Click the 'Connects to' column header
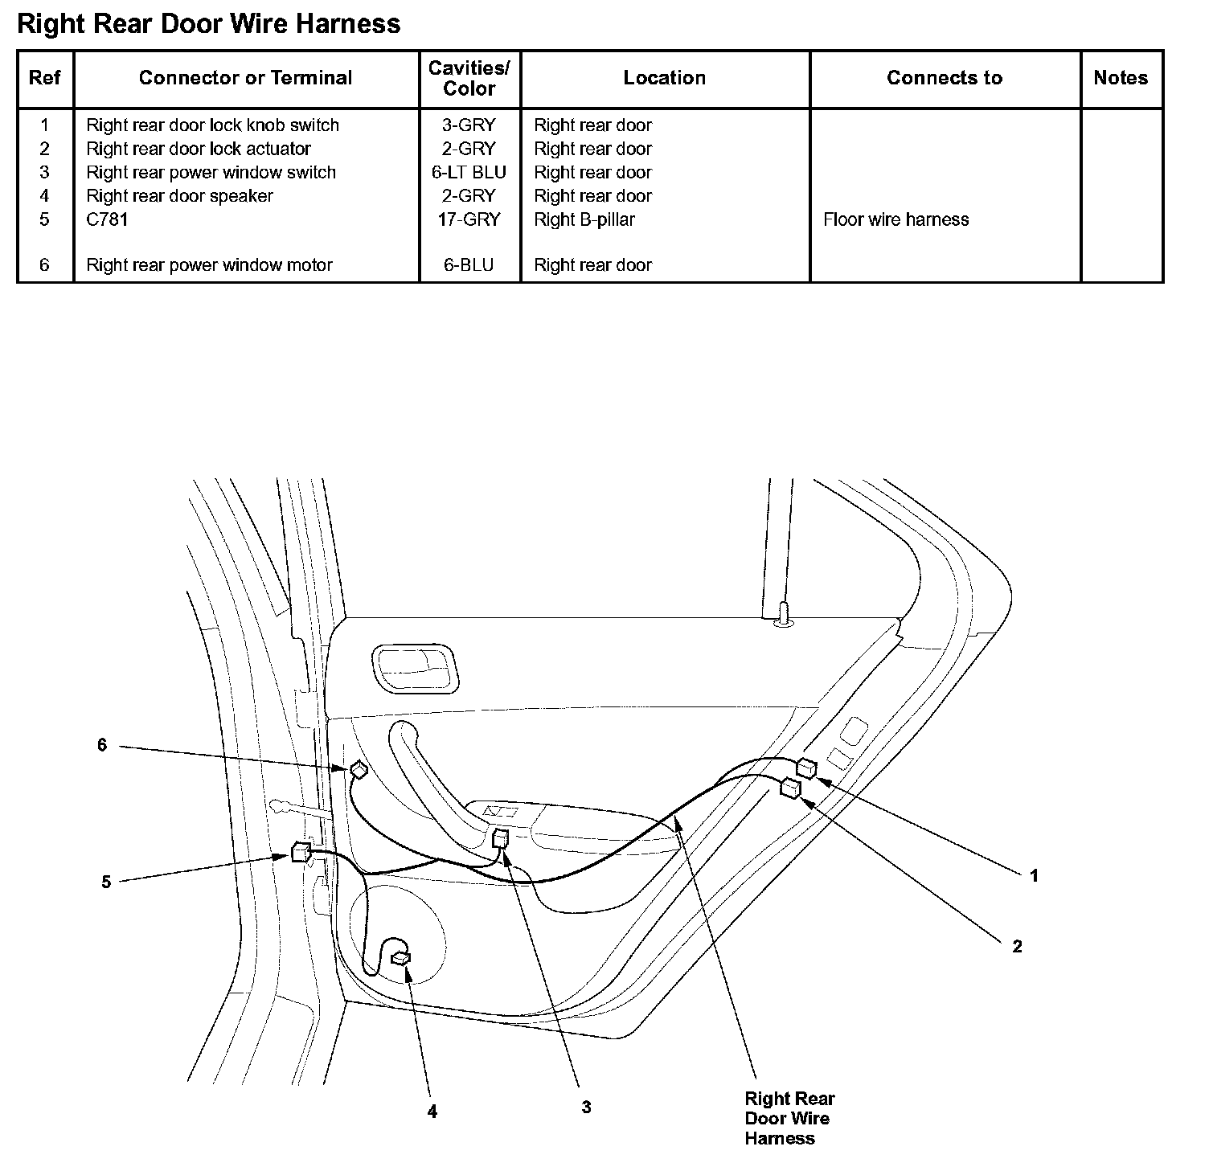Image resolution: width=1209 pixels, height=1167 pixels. (x=945, y=78)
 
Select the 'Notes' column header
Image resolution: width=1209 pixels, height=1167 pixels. (x=1121, y=78)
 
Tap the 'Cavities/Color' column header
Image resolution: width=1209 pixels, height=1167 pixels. (x=469, y=78)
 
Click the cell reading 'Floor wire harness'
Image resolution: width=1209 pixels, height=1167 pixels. (x=895, y=219)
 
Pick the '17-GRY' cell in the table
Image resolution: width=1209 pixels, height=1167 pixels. (x=469, y=219)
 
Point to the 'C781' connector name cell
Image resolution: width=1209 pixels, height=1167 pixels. (x=107, y=219)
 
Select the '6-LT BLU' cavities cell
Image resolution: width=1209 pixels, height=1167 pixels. (x=469, y=172)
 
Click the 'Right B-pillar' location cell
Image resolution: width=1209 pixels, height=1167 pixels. (x=584, y=219)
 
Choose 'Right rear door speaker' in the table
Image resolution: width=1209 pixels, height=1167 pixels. (x=179, y=196)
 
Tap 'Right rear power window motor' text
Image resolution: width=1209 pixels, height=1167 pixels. (x=209, y=265)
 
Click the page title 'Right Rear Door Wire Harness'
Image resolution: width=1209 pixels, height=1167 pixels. (x=208, y=24)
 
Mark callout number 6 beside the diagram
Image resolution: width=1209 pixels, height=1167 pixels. (x=102, y=745)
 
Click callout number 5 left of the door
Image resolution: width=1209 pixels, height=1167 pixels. (x=106, y=882)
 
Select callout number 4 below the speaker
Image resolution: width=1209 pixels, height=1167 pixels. (x=432, y=1112)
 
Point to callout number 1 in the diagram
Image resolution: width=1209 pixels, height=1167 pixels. (x=1034, y=876)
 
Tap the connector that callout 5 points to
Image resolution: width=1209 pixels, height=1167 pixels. (x=301, y=852)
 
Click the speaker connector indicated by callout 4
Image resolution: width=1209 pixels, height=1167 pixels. (x=400, y=957)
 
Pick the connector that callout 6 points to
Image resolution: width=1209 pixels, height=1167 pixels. (x=359, y=770)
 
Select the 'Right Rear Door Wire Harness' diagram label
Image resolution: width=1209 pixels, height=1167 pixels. (x=788, y=1118)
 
